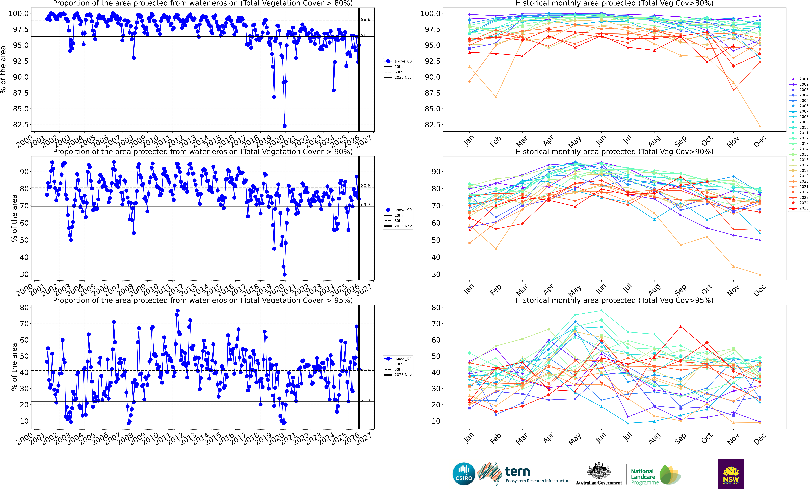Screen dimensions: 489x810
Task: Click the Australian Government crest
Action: click(599, 471)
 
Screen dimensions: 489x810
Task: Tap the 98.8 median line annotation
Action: click(366, 19)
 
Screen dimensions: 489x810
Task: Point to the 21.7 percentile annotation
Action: click(366, 400)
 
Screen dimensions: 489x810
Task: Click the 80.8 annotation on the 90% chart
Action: click(366, 186)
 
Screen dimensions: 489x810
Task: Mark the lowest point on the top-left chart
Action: click(284, 126)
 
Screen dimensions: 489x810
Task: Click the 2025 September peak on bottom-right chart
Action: click(680, 327)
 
